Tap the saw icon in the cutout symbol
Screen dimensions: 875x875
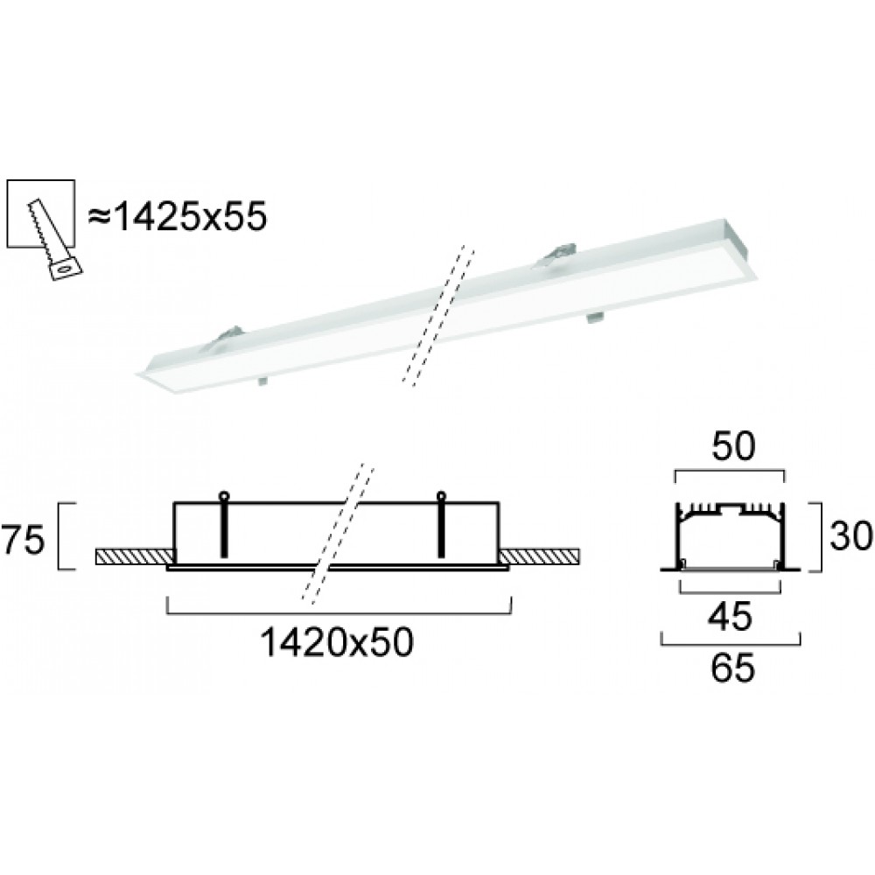pos(54,240)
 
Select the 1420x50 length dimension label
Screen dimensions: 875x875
pos(337,641)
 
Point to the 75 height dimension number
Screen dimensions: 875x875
pos(23,540)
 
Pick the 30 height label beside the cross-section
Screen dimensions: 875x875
pos(850,535)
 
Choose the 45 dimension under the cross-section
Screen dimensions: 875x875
pos(730,616)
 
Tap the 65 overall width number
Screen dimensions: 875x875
pos(732,668)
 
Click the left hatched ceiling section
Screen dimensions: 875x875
pos(135,556)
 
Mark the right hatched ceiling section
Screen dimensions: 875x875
pos(540,556)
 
